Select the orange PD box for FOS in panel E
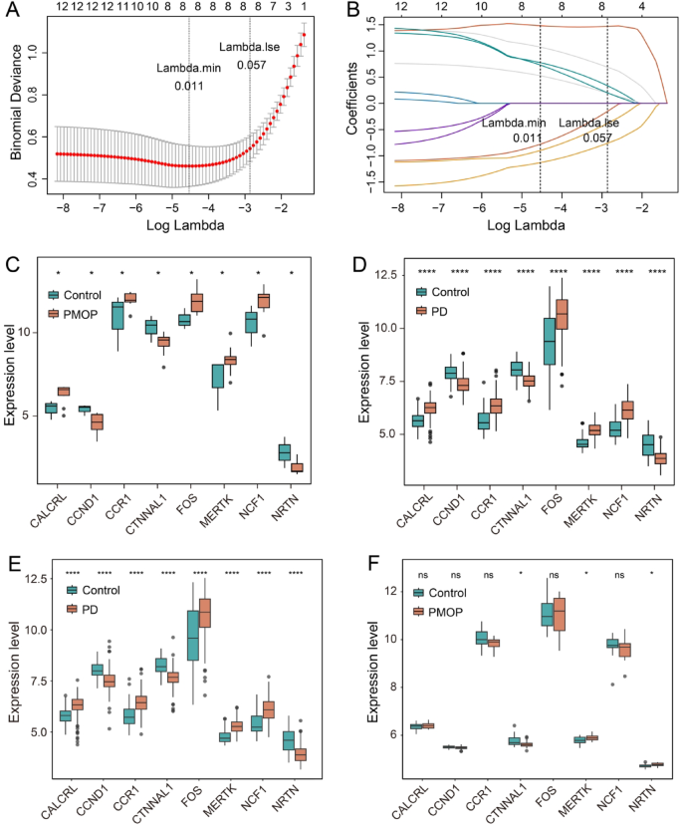205,613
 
